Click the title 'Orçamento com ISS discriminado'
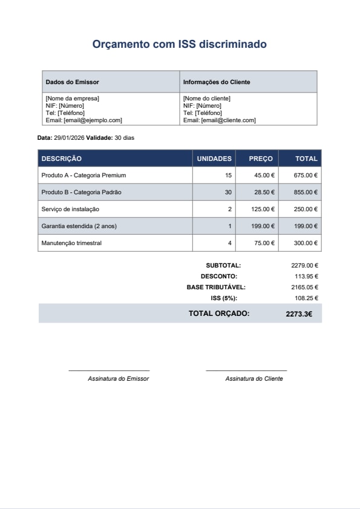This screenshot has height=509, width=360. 179,44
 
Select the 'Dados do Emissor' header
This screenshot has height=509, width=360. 73,82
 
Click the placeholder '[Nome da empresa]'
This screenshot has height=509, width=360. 72,98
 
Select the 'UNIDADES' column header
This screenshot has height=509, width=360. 214,159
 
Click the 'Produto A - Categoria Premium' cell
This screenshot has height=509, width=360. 83,175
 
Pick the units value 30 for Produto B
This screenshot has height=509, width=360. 228,192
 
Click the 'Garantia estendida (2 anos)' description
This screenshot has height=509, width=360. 79,226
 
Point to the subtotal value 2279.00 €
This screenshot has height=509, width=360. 304,265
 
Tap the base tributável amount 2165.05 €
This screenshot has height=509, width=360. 304,287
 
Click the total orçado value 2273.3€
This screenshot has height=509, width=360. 299,314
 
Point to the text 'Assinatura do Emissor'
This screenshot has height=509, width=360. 118,378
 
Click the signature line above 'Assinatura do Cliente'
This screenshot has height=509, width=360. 246,370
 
